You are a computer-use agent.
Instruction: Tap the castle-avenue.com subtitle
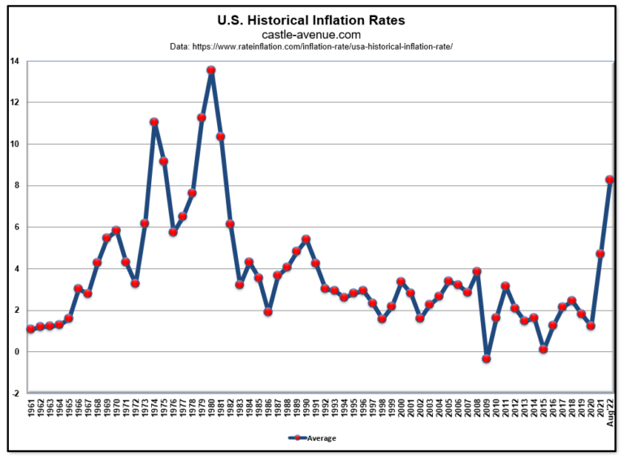pos(311,34)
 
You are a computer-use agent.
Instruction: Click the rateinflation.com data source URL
pos(311,47)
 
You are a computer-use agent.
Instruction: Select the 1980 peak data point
pos(211,70)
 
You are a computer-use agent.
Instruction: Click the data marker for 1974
pos(154,122)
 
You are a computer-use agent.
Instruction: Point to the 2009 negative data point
pos(487,359)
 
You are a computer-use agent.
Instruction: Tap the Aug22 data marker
pos(609,180)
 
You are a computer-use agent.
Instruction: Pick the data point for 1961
pos(31,329)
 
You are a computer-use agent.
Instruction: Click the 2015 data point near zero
pos(544,349)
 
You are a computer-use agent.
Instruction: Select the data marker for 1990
pos(305,239)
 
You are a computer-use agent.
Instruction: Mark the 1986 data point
pos(268,311)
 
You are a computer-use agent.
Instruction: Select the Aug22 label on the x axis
pos(609,413)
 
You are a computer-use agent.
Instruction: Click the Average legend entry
pos(312,438)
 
